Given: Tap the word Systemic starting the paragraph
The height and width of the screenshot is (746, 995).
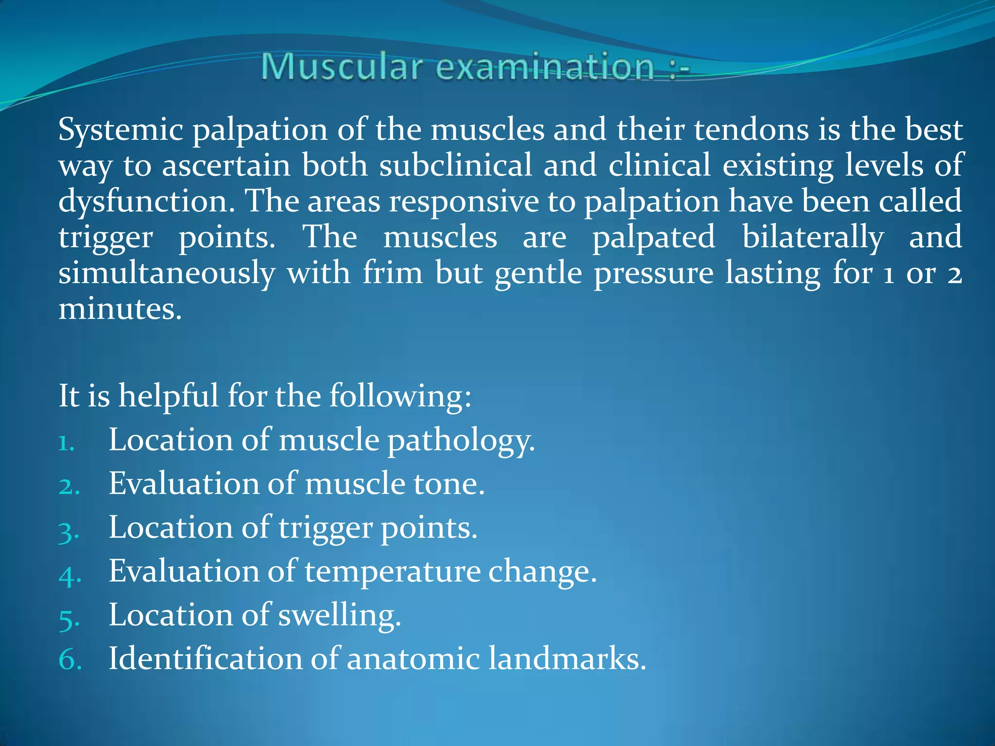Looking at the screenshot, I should coord(120,130).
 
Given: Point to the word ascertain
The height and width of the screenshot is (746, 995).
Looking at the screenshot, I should coord(226,166).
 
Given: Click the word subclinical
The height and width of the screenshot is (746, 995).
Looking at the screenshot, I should coord(456,166).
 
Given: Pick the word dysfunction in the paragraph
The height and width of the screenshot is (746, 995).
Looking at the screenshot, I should coord(146,201).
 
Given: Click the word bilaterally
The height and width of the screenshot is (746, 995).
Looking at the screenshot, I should coord(812,237).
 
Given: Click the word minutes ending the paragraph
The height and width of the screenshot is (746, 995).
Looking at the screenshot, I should coord(120,308).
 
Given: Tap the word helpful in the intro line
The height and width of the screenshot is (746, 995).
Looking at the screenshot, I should coord(168,396).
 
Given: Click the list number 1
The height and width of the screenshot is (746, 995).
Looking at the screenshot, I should coord(66,443).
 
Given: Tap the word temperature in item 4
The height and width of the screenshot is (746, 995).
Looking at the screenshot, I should coord(393,571).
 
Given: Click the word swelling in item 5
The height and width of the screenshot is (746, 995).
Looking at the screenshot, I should coord(339,615).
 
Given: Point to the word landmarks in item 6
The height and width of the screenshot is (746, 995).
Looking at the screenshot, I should coord(566,659).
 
